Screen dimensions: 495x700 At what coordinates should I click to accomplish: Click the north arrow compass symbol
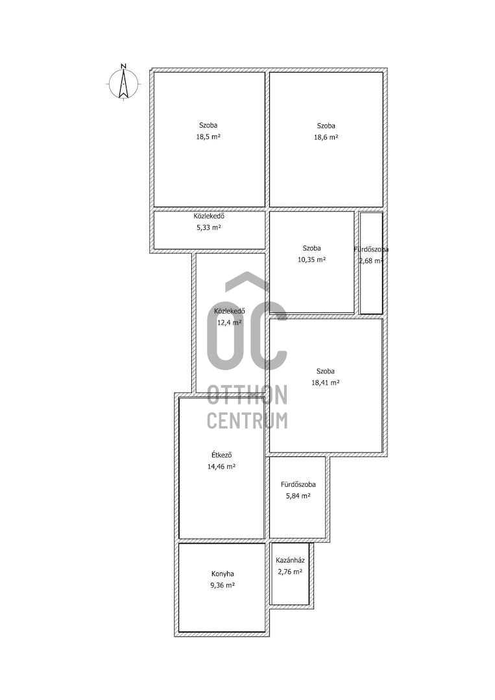point(124,84)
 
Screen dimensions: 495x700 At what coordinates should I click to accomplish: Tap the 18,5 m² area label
point(208,137)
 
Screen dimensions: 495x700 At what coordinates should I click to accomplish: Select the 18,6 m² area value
point(326,137)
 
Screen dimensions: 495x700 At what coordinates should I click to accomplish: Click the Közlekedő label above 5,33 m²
point(209,216)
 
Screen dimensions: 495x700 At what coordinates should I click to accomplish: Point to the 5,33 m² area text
point(209,227)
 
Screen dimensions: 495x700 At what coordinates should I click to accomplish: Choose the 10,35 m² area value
point(311,259)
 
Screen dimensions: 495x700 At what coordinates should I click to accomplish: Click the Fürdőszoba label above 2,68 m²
point(371,250)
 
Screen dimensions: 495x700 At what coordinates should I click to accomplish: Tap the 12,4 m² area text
point(230,322)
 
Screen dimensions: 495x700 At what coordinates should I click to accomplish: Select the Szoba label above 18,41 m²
point(325,371)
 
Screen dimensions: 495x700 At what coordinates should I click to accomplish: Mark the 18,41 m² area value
point(325,382)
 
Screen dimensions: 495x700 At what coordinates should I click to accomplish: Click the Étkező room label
point(221,456)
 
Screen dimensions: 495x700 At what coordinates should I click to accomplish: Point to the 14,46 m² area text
point(221,467)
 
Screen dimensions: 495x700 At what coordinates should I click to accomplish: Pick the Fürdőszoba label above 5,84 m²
point(298,484)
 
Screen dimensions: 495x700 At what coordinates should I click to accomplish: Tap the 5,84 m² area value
point(298,496)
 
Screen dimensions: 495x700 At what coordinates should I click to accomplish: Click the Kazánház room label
point(290,560)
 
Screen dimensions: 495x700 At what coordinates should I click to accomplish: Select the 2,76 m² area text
point(290,571)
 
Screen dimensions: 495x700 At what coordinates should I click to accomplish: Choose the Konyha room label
point(223,574)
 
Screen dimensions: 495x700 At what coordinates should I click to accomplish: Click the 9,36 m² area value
point(223,585)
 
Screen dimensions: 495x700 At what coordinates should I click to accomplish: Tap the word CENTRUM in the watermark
point(247,421)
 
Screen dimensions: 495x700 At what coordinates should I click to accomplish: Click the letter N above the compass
point(124,66)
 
